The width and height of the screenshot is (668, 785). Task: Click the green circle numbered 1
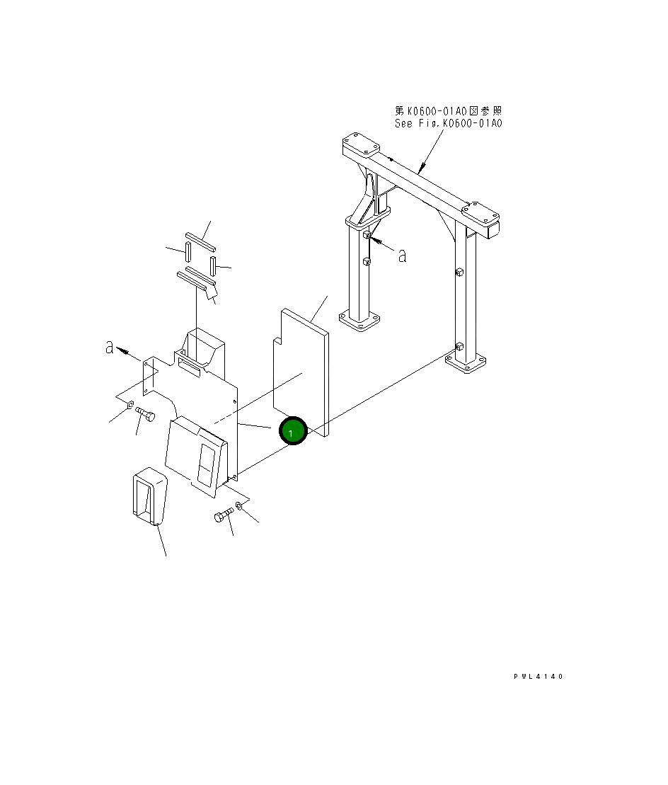292,432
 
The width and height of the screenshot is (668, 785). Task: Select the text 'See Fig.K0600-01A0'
448,123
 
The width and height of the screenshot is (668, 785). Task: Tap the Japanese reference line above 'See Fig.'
448,111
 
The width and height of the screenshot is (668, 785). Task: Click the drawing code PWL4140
538,677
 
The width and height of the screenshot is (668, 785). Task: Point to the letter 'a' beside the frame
402,256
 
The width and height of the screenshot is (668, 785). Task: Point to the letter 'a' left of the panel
110,348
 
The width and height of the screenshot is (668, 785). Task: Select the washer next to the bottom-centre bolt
239,506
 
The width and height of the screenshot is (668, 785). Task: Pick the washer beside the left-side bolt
129,406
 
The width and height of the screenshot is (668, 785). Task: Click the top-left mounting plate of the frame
361,147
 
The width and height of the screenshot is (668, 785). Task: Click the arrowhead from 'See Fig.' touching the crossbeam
421,171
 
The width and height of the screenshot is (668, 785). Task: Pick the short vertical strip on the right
212,266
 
